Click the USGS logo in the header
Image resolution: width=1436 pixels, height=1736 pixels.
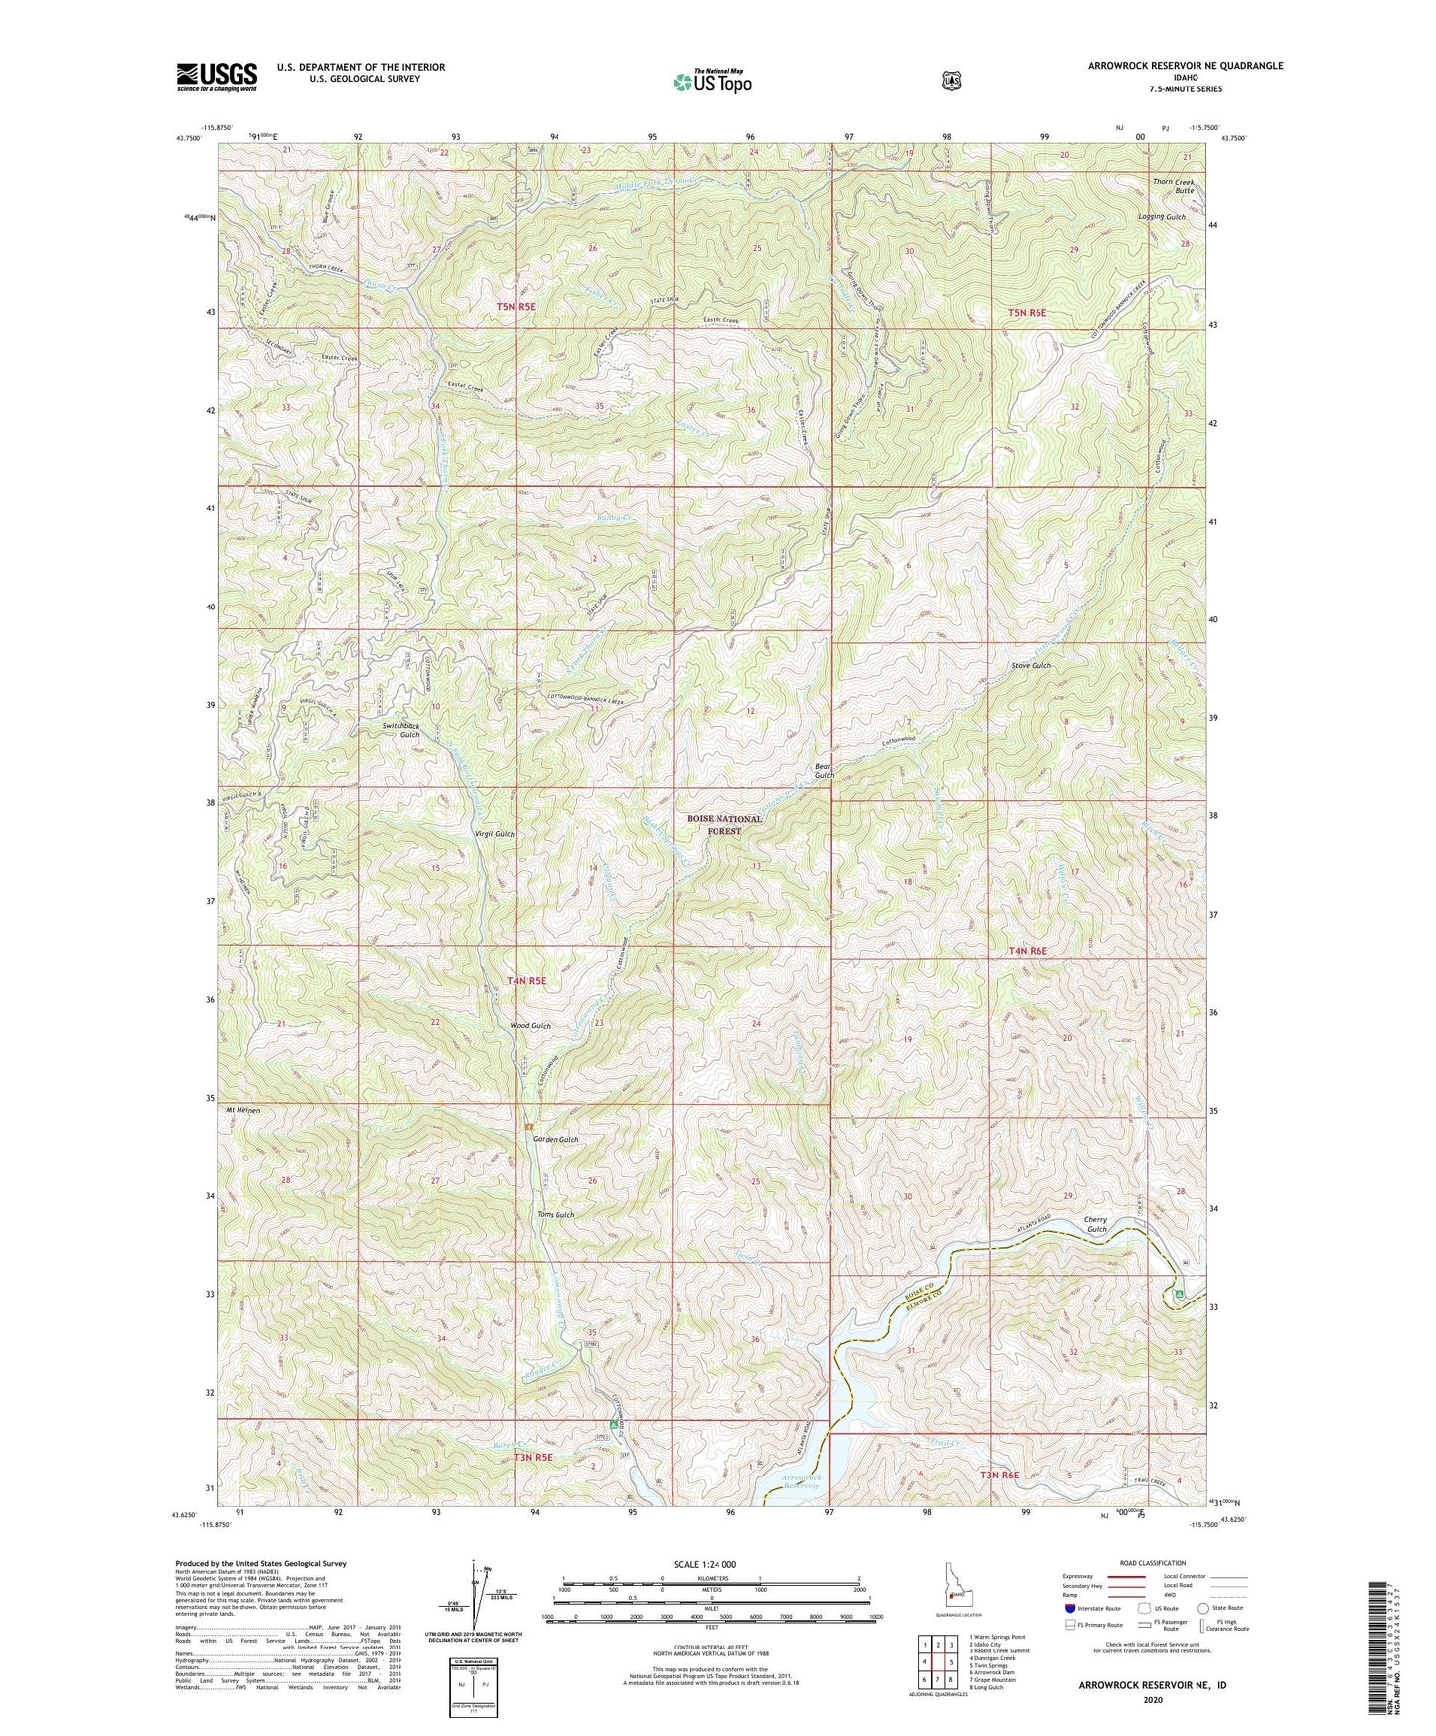pyautogui.click(x=217, y=77)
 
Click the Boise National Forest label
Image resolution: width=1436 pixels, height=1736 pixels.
pyautogui.click(x=724, y=825)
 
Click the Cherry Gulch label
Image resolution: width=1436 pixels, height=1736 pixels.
pyautogui.click(x=1095, y=1224)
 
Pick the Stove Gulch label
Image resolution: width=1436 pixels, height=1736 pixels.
pyautogui.click(x=1031, y=665)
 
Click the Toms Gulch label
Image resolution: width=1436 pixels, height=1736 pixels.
pyautogui.click(x=556, y=1215)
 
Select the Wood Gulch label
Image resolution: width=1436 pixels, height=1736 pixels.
pyautogui.click(x=529, y=1025)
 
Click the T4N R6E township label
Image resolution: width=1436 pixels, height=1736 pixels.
pyautogui.click(x=1028, y=951)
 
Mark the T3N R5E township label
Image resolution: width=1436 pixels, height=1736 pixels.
pyautogui.click(x=532, y=1458)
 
